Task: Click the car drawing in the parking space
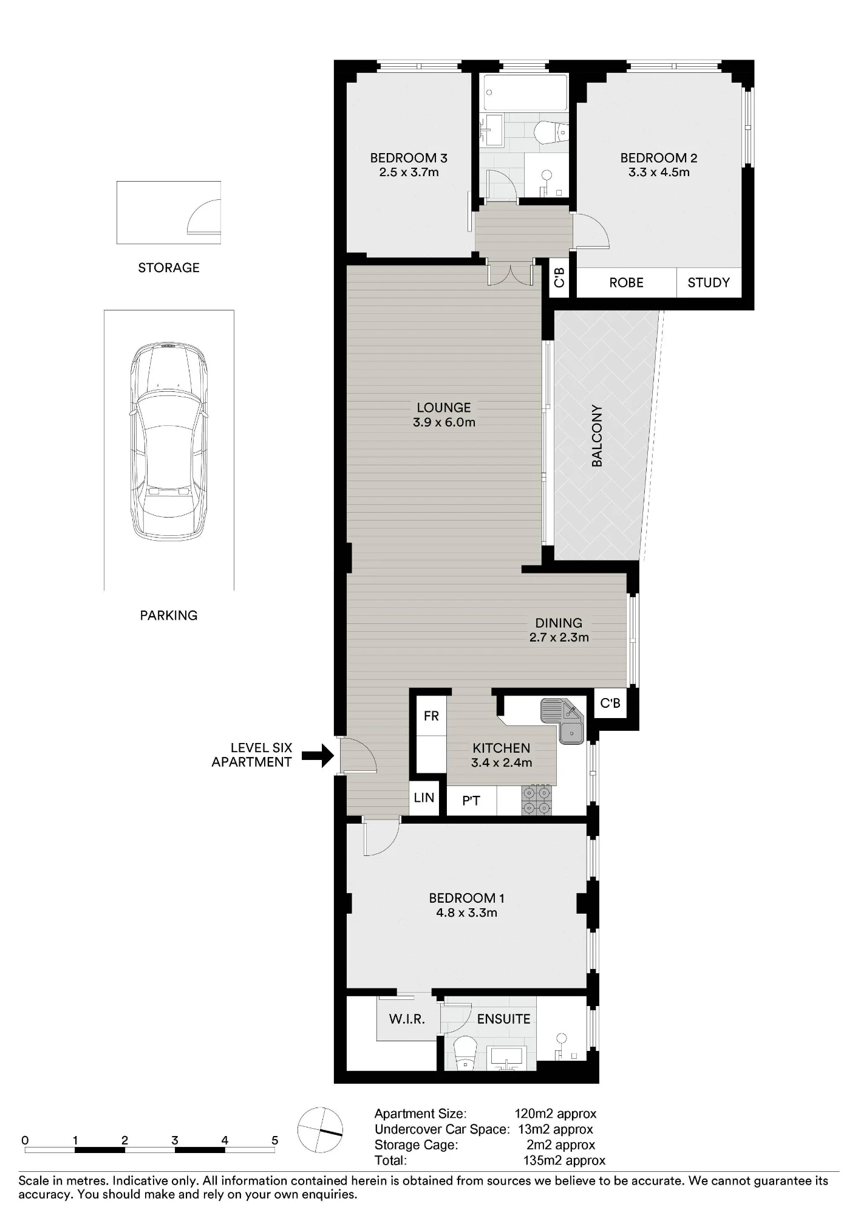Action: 169,443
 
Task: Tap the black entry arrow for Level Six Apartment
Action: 318,756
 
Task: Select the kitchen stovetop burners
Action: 537,800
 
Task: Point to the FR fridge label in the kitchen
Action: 431,716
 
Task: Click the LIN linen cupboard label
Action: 424,797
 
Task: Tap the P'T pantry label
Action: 471,801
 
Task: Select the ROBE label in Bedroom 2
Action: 626,282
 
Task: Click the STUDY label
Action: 709,282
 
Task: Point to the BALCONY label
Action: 597,436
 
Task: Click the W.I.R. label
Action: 407,1019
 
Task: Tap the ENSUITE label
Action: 503,1019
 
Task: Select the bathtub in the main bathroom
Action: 526,92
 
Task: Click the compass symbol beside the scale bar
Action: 320,1129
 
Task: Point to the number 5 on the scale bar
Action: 274,1140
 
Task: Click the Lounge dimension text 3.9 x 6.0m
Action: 444,422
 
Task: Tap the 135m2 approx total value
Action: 564,1160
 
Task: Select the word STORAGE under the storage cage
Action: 169,267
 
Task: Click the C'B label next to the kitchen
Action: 610,703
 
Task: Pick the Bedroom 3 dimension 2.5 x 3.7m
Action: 409,172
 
